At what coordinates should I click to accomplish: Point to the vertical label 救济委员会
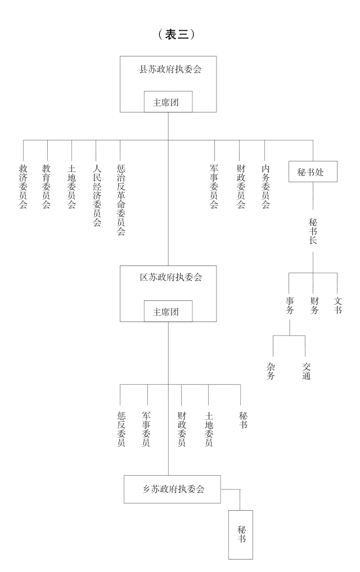(23, 186)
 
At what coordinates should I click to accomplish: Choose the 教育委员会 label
(47, 186)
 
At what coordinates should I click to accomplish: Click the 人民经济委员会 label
(96, 195)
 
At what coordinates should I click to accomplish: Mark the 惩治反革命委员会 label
(120, 200)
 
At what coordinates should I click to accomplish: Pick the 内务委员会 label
(265, 186)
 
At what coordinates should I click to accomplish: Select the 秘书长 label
(313, 231)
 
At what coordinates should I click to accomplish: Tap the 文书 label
(337, 304)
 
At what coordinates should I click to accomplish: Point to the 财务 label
(314, 304)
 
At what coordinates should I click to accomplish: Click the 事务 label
(289, 304)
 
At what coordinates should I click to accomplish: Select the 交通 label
(306, 371)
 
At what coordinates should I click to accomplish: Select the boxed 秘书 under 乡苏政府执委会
(241, 534)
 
